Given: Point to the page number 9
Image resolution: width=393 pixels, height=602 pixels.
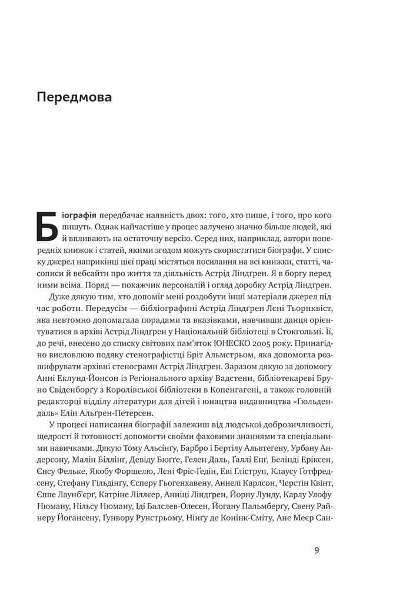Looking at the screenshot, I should [x=317, y=551].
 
